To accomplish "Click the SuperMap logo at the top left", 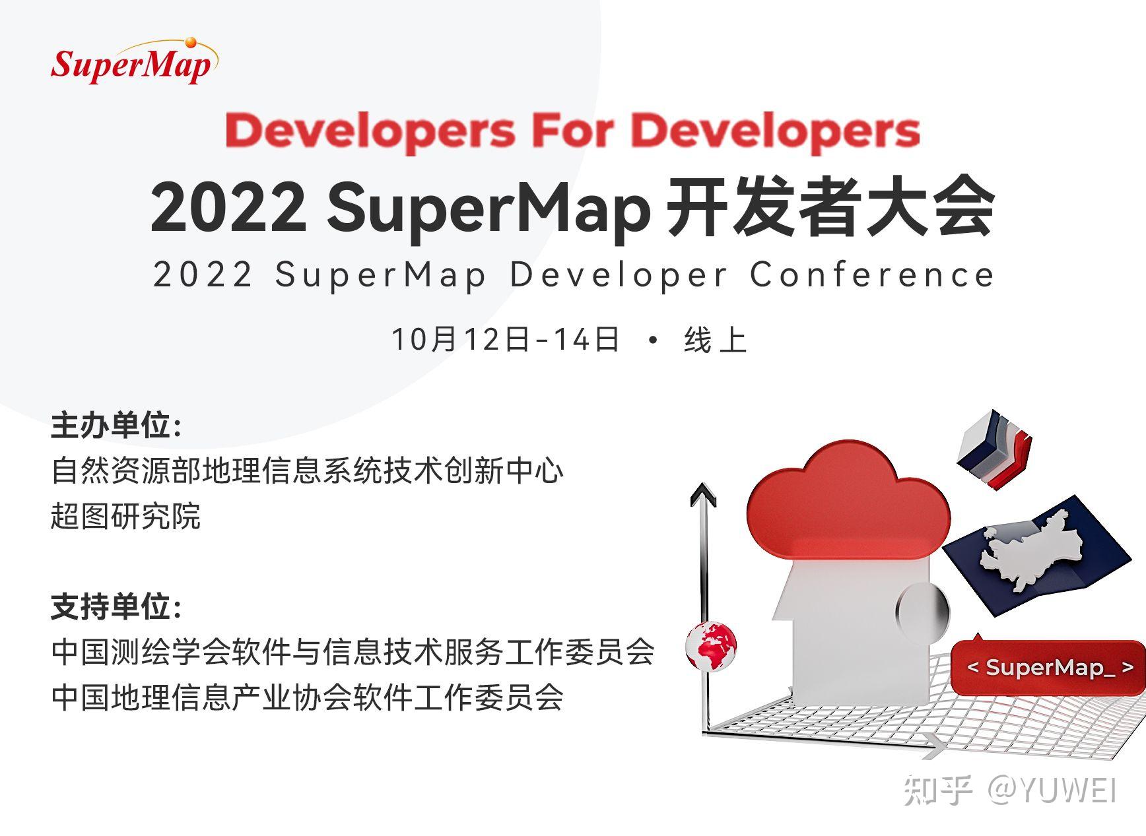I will tap(133, 62).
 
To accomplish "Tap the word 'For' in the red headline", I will tap(572, 131).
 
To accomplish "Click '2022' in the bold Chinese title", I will tap(228, 208).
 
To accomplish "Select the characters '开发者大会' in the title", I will tap(830, 208).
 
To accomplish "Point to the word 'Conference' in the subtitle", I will tap(871, 274).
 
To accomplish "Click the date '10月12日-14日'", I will tap(506, 339).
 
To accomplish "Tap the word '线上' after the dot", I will tap(715, 340).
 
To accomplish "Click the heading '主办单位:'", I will tap(116, 426).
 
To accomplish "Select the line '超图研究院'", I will tap(125, 516).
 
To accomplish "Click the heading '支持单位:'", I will tap(116, 607).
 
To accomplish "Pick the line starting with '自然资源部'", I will tap(308, 471).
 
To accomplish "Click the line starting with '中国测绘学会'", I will tap(353, 653).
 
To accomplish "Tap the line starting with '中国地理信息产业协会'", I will tap(308, 697).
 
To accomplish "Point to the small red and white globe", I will tap(710, 645).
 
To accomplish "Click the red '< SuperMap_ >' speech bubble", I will tap(1048, 668).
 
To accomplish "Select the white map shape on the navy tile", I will tap(1030, 552).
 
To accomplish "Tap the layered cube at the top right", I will tap(993, 447).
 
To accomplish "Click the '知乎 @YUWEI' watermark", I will tap(1010, 790).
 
